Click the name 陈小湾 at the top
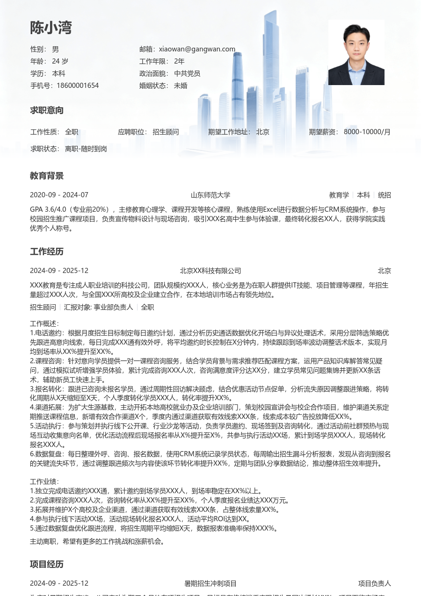point(51,28)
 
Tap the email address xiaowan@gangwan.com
point(197,49)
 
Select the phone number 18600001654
point(78,86)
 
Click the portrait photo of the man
point(356,52)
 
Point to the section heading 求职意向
point(47,110)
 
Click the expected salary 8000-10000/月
point(367,132)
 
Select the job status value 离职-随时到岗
point(86,149)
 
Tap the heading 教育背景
point(47,176)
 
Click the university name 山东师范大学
point(210,195)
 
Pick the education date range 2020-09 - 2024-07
point(59,195)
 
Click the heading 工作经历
point(47,251)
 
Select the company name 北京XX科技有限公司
point(210,271)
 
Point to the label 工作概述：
point(45,323)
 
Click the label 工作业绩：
point(45,481)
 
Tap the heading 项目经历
point(47,564)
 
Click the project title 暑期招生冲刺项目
point(210,583)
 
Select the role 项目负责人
point(374,583)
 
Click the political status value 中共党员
point(187,73)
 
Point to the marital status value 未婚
point(181,86)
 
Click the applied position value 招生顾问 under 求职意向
point(166,132)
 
